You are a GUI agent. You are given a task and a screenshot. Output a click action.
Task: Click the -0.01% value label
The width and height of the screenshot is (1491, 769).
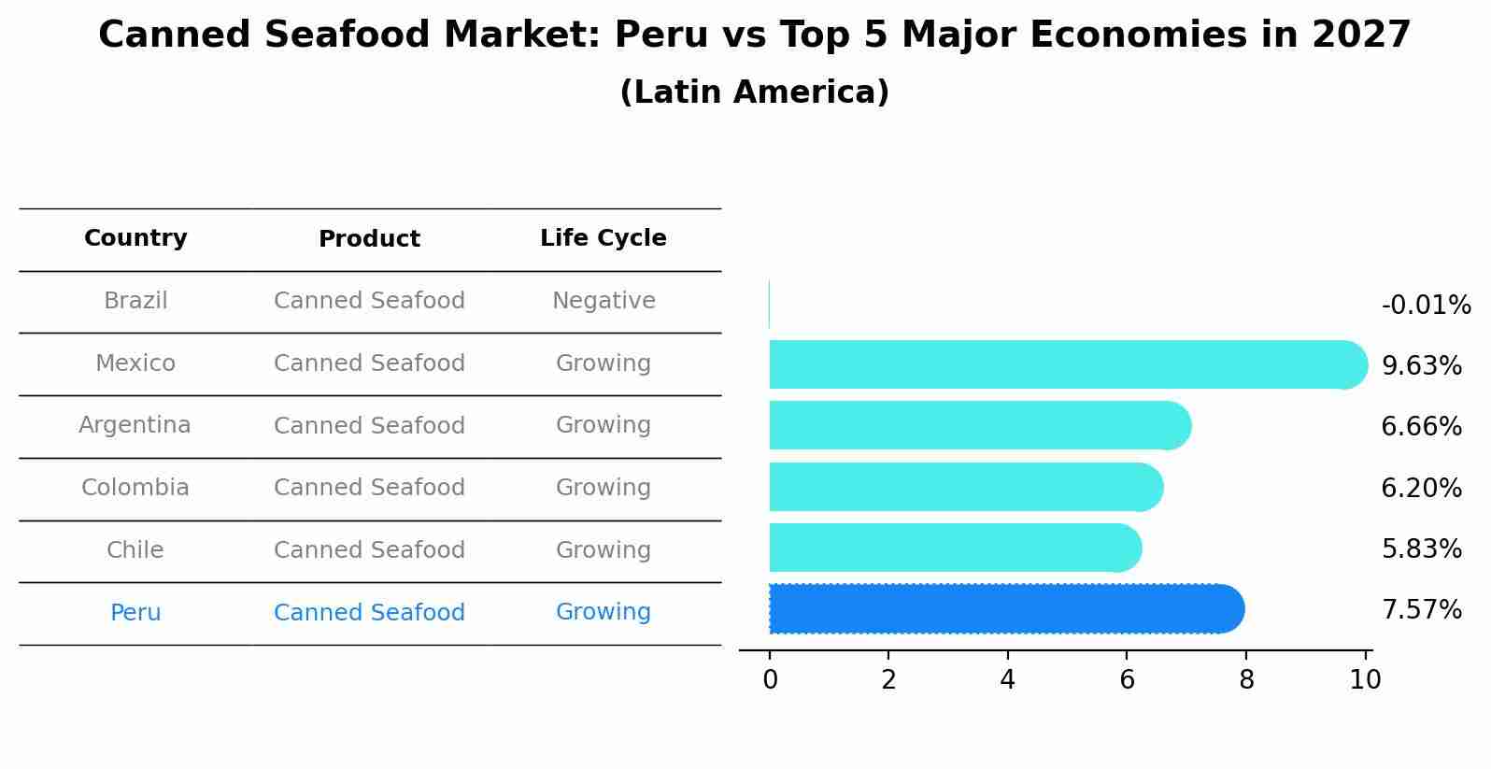coord(1426,306)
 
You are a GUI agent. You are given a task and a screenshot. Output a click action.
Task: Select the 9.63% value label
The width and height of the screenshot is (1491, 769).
coord(1421,366)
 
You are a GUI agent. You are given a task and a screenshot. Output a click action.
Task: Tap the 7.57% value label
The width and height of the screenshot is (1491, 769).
coord(1421,610)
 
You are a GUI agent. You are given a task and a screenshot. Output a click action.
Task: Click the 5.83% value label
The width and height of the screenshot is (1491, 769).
coord(1421,549)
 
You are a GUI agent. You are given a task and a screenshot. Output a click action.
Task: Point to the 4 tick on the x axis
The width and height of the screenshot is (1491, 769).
coord(1007,679)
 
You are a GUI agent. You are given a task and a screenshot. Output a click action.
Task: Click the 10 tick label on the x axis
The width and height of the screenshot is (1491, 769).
coord(1365,679)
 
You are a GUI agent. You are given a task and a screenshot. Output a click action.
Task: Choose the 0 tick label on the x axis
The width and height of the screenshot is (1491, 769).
coord(770,679)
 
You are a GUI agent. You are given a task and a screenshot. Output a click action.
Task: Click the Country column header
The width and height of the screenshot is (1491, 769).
coord(135,238)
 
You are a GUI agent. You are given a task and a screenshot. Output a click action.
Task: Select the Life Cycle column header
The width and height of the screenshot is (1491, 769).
coord(603,238)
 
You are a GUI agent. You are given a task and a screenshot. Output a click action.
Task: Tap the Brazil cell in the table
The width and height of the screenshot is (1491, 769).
coord(135,301)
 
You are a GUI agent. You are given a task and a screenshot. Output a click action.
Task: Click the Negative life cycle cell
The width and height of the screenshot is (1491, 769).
coord(603,301)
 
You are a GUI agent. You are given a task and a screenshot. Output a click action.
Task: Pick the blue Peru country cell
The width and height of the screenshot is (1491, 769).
coord(135,613)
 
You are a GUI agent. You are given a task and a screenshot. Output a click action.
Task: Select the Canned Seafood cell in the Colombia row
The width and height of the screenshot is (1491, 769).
coord(369,488)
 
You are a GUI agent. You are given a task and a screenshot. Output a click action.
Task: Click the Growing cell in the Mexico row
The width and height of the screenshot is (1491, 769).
coord(603,363)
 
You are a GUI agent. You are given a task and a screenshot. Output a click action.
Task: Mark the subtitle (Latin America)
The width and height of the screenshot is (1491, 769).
coord(754,93)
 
